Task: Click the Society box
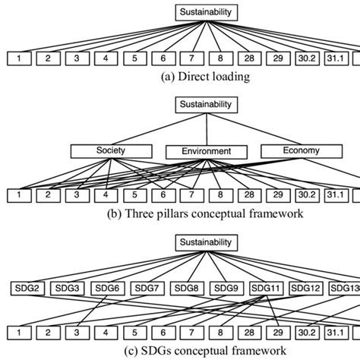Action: (111, 150)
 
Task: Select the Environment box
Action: (207, 151)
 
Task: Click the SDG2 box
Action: (27, 288)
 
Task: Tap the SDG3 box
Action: (68, 288)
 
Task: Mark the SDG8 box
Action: (187, 288)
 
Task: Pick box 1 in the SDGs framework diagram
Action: (19, 333)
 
